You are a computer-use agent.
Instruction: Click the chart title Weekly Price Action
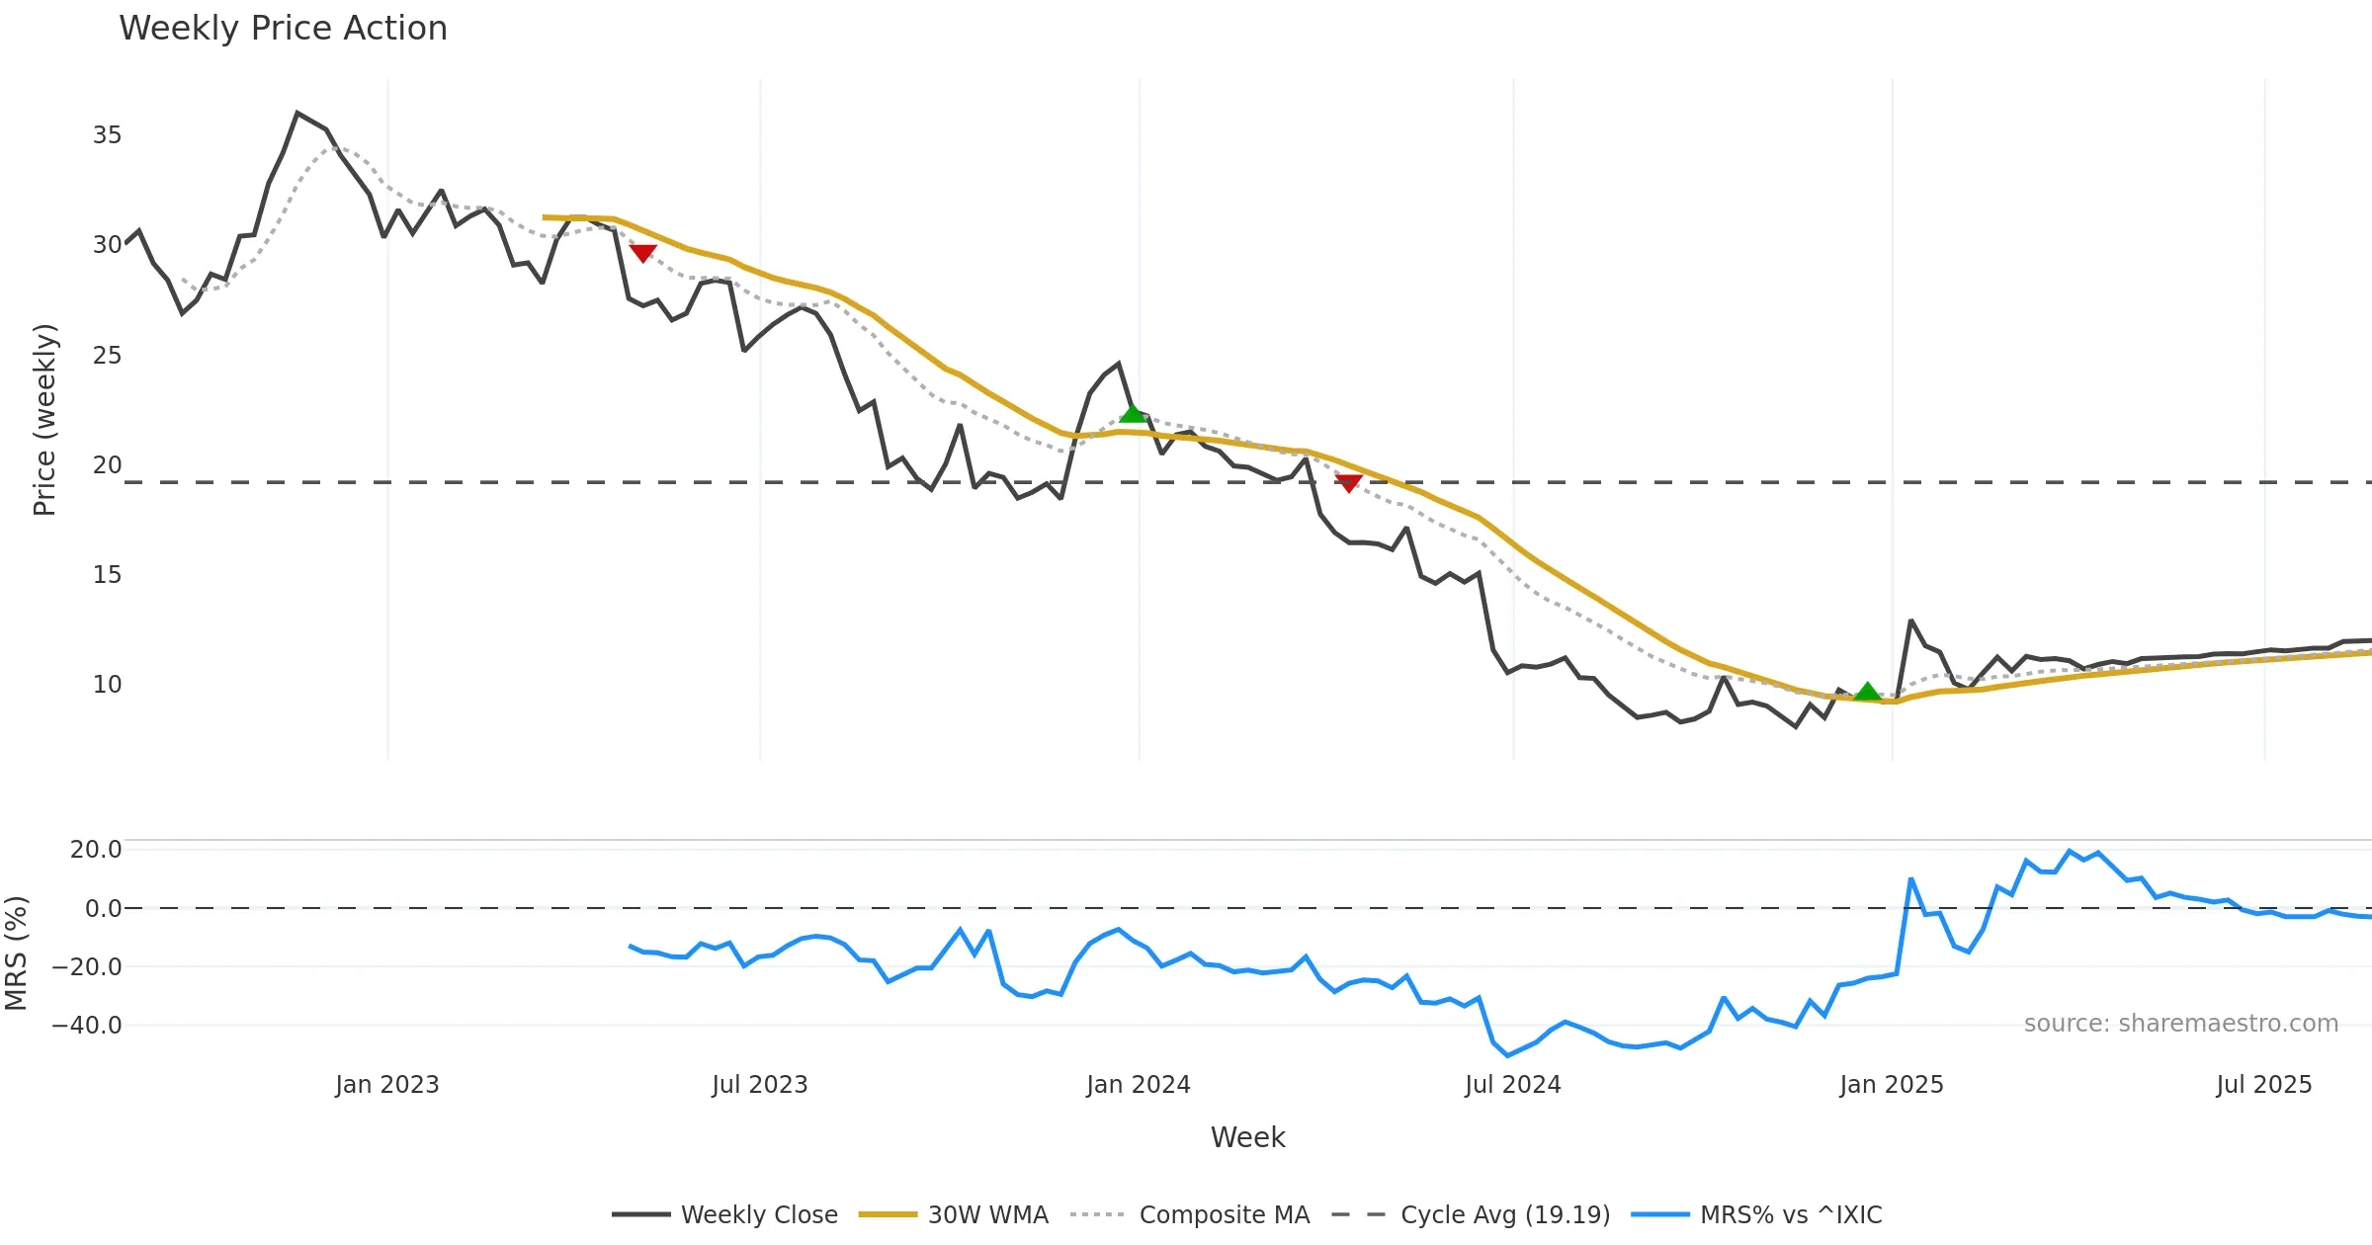[283, 29]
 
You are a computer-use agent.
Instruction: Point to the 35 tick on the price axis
[107, 135]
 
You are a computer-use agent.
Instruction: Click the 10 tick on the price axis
[107, 685]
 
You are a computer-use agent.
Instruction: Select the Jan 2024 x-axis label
[1138, 1085]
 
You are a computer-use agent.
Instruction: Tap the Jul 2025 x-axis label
[2263, 1085]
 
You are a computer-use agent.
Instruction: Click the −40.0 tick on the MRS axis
[87, 1026]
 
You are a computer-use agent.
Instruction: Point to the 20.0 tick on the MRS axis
[96, 850]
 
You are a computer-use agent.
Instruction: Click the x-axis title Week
[1247, 1138]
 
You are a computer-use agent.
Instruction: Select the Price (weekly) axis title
[45, 420]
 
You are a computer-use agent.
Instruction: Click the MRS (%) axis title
[16, 954]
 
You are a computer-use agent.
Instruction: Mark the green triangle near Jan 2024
[1132, 413]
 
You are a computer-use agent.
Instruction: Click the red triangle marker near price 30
[642, 253]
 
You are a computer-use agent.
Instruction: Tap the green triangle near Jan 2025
[1867, 692]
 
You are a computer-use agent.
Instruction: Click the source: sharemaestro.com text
[2180, 1024]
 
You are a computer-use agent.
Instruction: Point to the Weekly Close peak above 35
[297, 114]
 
